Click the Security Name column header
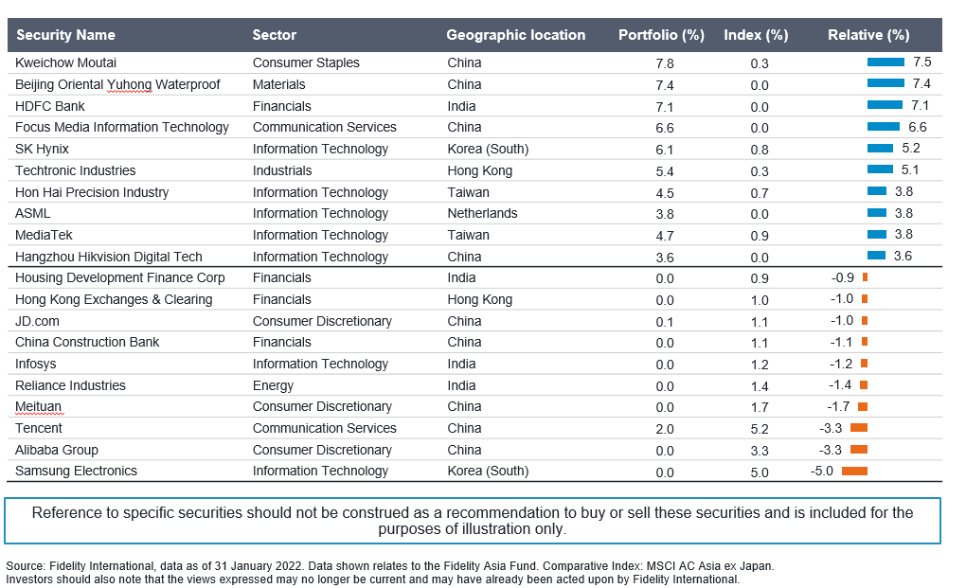pos(65,35)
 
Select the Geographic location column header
pos(515,35)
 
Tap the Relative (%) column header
pos(868,35)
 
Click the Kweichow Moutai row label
pos(65,62)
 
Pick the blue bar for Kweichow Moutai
pos(885,62)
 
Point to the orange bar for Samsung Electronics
pos(854,472)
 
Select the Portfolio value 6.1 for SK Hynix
pos(665,150)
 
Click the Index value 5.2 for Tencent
pos(760,429)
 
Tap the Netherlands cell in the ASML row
pos(482,214)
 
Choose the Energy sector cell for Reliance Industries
pos(273,386)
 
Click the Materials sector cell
pos(278,84)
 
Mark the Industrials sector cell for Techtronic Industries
pos(282,170)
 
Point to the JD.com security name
pos(37,321)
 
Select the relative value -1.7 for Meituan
pos(838,407)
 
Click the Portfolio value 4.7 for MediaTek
pos(665,236)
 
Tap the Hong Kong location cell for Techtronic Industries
pos(480,170)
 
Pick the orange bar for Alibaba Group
pos(859,450)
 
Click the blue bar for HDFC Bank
pos(885,105)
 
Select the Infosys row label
pos(35,364)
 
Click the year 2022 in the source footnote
pos(290,566)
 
